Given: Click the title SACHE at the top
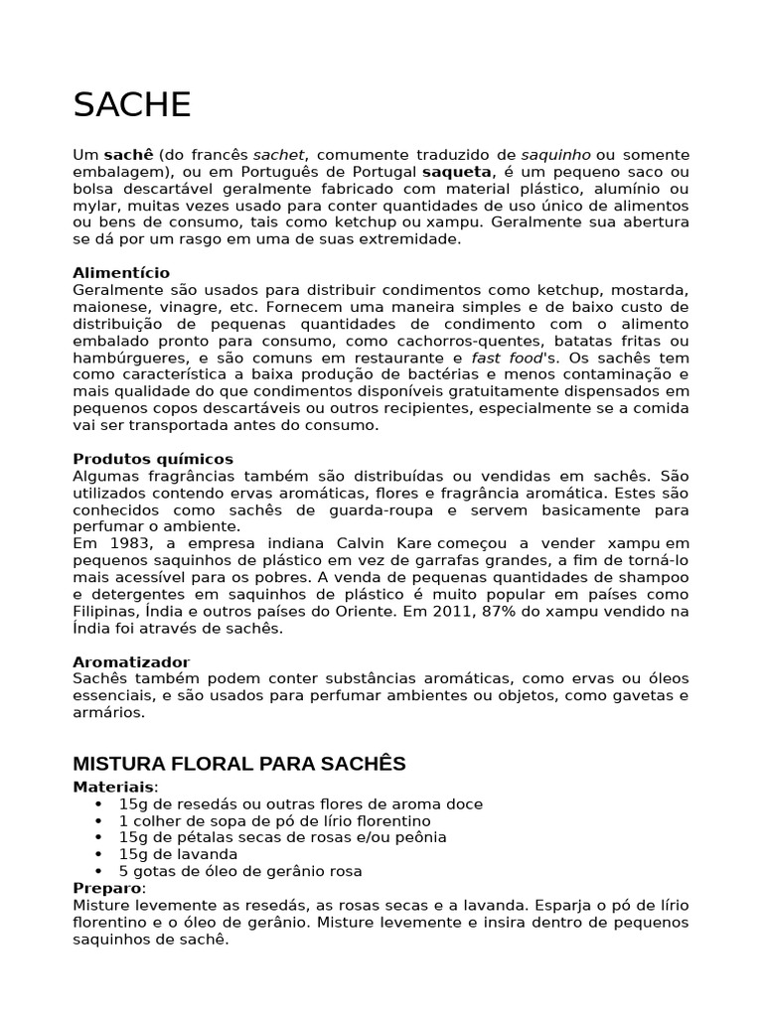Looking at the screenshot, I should [132, 104].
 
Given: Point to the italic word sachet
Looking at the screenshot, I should [280, 155].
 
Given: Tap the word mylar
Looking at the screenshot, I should [93, 206].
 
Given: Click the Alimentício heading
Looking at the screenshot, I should [121, 272].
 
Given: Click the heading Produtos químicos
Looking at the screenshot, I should [153, 459].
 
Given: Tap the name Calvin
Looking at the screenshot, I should [358, 544].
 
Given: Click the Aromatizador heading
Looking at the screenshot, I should [131, 661].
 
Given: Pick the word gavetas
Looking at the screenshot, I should [630, 695].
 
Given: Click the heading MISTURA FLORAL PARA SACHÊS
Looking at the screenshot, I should [239, 764].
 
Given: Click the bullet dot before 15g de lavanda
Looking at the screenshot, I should [97, 854].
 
